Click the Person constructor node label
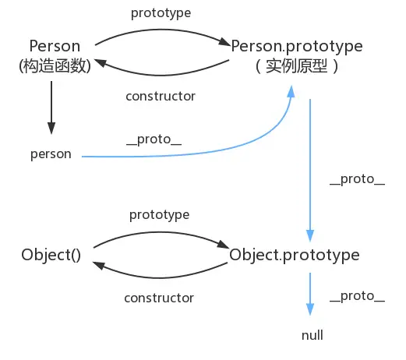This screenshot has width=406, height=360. pyautogui.click(x=55, y=46)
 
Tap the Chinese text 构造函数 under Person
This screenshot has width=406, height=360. pyautogui.click(x=55, y=65)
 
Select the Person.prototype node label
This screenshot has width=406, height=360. pyautogui.click(x=297, y=47)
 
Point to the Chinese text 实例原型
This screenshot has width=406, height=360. pyautogui.click(x=296, y=66)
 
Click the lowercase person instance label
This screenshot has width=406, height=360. pyautogui.click(x=51, y=154)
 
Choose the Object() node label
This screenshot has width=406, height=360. pyautogui.click(x=51, y=255)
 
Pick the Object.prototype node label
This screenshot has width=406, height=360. pyautogui.click(x=295, y=255)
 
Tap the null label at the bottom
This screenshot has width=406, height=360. pyautogui.click(x=312, y=335)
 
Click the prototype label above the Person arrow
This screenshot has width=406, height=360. pyautogui.click(x=161, y=13)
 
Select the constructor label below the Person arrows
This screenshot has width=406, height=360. pyautogui.click(x=161, y=97)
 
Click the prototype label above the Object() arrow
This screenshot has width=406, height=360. pyautogui.click(x=160, y=215)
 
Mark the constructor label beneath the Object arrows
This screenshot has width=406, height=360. pyautogui.click(x=159, y=298)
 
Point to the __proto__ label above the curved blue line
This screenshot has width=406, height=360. pyautogui.click(x=154, y=139)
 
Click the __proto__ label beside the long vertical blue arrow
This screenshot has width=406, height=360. pyautogui.click(x=358, y=179)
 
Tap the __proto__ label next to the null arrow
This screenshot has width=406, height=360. pyautogui.click(x=358, y=296)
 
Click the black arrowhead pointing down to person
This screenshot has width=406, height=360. pyautogui.click(x=51, y=128)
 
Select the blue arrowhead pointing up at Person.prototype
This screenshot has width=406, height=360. pyautogui.click(x=291, y=91)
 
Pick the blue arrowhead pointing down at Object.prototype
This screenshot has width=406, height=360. pyautogui.click(x=310, y=235)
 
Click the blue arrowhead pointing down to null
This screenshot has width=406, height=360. pyautogui.click(x=310, y=309)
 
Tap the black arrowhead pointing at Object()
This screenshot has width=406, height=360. pyautogui.click(x=98, y=266)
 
